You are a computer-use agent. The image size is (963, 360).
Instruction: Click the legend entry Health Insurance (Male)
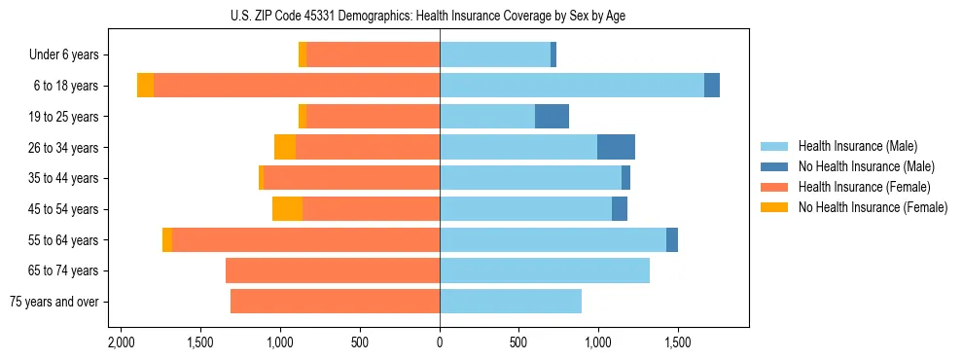point(857,146)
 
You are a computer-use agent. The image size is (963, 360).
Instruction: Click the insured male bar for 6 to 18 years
point(572,86)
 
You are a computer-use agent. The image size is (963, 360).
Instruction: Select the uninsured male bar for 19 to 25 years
point(552,117)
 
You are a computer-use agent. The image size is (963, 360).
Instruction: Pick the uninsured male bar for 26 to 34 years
point(616,147)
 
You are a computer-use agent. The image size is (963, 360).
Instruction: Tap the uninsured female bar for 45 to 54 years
point(287,209)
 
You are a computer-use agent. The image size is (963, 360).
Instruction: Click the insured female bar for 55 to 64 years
point(305,240)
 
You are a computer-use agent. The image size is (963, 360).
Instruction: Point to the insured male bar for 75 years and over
point(511,302)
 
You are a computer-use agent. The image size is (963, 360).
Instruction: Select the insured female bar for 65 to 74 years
point(333,270)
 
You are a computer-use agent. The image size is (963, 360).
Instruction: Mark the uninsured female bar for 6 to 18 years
point(145,86)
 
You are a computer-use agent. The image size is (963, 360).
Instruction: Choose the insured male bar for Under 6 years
point(495,55)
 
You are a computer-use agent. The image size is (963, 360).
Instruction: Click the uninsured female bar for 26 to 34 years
point(285,147)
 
